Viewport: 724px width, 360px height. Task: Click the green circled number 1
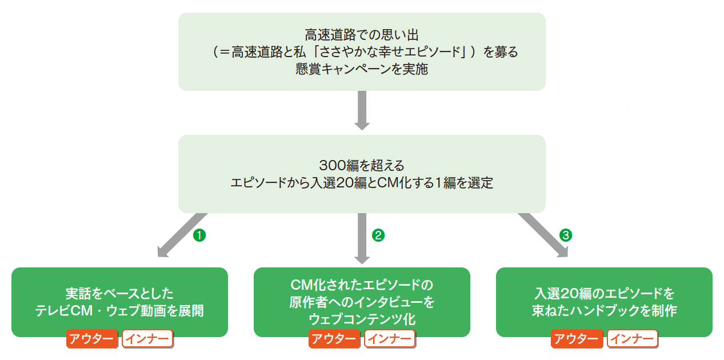(199, 234)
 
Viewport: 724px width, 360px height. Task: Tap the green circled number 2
(378, 234)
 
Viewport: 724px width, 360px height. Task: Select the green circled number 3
(566, 234)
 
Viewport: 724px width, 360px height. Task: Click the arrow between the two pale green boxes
(362, 110)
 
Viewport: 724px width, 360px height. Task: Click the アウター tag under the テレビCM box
(92, 339)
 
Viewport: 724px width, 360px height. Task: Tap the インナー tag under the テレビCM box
(147, 339)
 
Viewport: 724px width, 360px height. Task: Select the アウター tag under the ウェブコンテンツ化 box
(334, 339)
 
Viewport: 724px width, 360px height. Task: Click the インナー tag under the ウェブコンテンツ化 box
(390, 339)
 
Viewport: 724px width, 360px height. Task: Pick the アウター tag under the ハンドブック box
(577, 339)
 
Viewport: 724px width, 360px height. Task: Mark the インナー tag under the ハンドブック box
(632, 339)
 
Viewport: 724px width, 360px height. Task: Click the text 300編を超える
(362, 166)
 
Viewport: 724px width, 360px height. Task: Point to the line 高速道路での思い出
(362, 35)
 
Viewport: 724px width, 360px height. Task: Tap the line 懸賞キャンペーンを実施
(362, 70)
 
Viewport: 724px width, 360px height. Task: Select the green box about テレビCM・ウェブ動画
(119, 302)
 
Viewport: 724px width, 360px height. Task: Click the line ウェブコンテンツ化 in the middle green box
(362, 318)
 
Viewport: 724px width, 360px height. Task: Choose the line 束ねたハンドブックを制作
(604, 311)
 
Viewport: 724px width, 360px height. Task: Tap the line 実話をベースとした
(119, 294)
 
